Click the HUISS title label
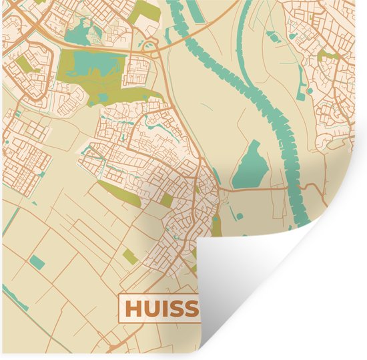(x=160, y=309)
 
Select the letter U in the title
(x=152, y=309)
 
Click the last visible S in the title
(x=192, y=309)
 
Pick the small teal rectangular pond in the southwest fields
(x=37, y=262)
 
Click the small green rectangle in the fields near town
(x=130, y=256)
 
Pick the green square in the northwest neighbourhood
(x=25, y=63)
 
